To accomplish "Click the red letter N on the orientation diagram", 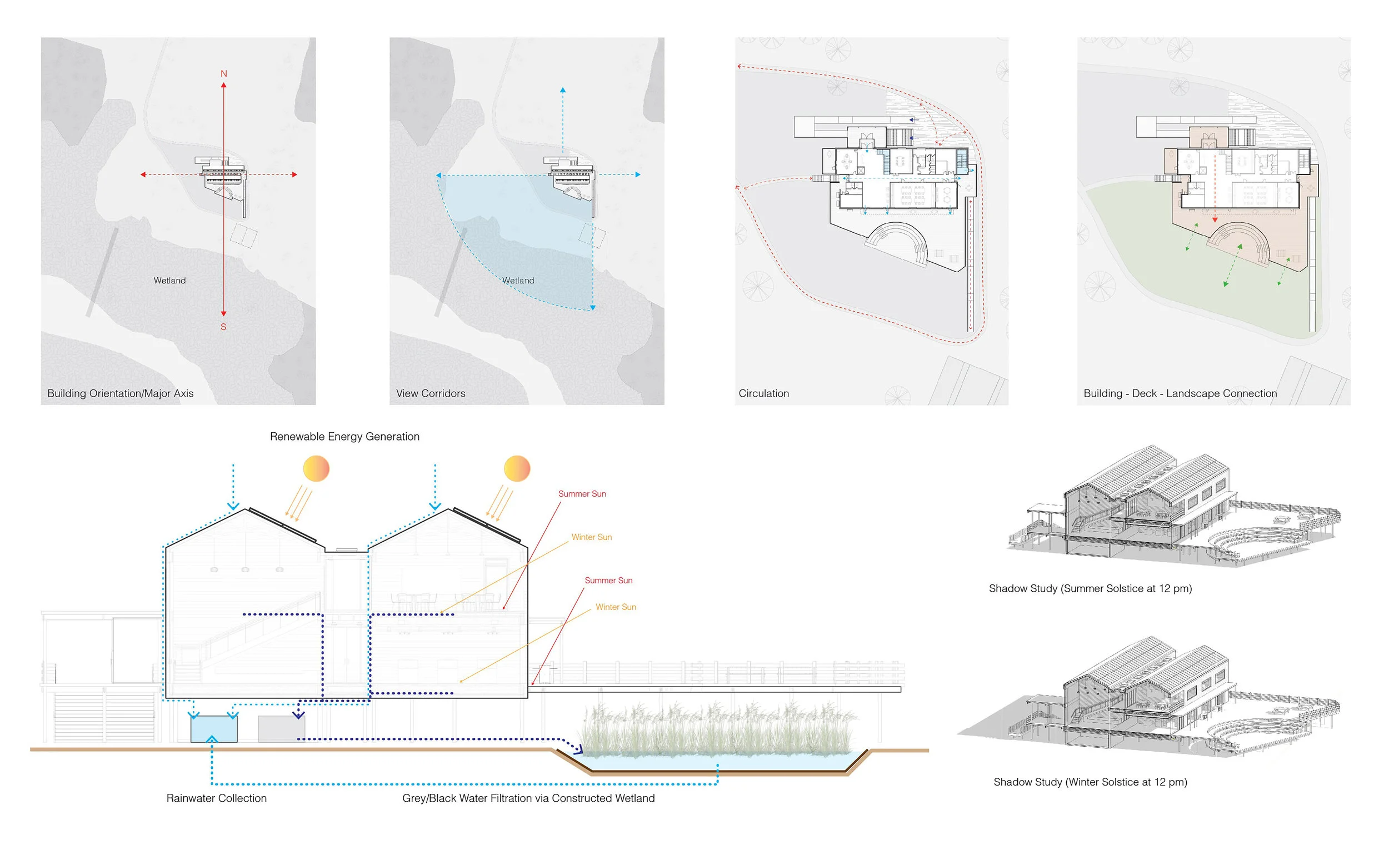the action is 224,74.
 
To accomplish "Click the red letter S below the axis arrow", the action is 223,327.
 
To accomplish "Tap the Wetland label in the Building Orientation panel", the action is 169,281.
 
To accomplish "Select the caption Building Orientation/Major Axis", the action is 120,393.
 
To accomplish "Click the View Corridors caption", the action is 431,393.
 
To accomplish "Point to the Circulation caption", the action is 764,393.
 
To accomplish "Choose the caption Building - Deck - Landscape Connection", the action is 1180,393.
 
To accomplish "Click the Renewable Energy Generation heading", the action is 344,436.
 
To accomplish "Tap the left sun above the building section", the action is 316,468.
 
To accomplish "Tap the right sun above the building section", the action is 517,468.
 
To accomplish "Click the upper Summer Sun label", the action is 582,494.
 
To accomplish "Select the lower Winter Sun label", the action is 616,607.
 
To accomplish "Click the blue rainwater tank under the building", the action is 214,729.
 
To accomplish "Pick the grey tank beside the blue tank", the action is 281,729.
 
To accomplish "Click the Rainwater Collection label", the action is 217,798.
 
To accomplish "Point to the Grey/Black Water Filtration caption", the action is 528,798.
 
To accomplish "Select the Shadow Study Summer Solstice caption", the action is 1090,588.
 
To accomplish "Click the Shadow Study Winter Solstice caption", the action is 1090,782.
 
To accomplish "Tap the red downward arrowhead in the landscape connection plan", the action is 1215,219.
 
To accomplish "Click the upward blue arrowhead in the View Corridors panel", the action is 563,90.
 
